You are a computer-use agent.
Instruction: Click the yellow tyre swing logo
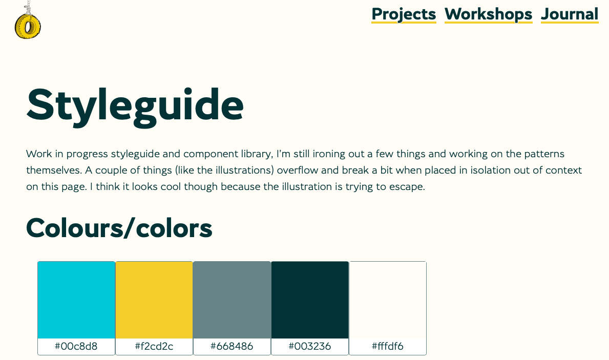click(28, 25)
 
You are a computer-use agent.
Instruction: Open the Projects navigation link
click(404, 14)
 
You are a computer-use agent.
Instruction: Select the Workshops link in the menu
click(488, 14)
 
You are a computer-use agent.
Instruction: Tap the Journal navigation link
click(570, 14)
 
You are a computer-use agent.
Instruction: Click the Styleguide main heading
click(135, 105)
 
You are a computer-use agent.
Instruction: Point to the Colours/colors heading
click(119, 228)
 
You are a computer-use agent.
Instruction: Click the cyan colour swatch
click(76, 300)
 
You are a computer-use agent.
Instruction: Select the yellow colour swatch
click(154, 300)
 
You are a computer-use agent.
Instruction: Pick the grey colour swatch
click(232, 300)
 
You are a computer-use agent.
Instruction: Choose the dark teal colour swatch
click(310, 300)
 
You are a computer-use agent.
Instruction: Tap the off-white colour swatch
click(388, 300)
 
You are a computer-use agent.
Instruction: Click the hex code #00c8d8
click(76, 346)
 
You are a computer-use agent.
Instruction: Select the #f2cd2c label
click(154, 346)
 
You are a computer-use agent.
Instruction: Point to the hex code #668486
click(232, 346)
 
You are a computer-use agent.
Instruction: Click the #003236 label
click(310, 346)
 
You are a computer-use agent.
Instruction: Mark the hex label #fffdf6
click(388, 346)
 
